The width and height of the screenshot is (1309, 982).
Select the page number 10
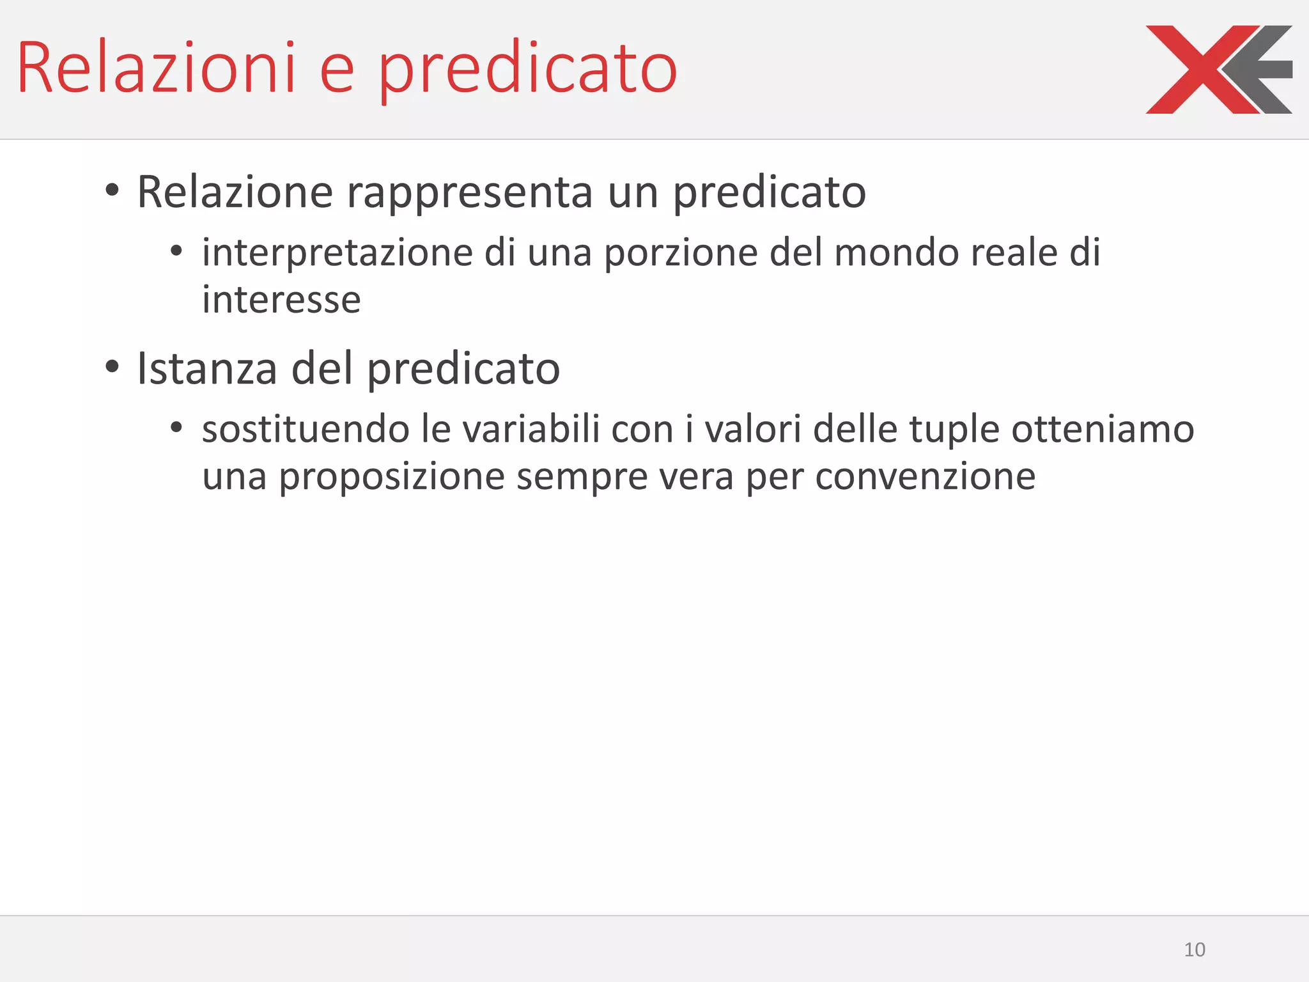(1194, 949)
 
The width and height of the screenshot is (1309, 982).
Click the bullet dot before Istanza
(112, 366)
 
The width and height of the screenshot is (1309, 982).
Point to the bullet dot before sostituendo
(177, 427)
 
